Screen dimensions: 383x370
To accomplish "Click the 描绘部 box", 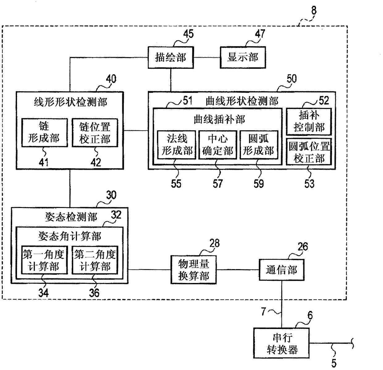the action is point(170,57).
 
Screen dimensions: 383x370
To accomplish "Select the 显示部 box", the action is point(243,57).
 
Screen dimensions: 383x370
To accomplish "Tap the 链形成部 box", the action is point(44,132).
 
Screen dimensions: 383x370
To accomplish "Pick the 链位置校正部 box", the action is point(95,132).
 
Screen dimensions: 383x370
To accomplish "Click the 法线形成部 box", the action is point(177,145).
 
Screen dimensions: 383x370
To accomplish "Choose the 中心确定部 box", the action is point(217,145).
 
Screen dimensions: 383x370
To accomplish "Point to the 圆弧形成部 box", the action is point(259,145).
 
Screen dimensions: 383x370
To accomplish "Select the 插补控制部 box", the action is point(309,122).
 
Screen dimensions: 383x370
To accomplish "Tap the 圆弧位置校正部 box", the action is point(309,152).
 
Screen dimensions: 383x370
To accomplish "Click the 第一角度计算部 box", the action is point(44,260).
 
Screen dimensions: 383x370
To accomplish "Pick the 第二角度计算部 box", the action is point(95,260).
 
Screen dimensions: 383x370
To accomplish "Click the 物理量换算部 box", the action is point(193,270).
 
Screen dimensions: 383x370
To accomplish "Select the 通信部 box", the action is point(281,270).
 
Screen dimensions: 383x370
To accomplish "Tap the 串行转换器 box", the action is point(281,343).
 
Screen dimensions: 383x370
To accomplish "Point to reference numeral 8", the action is point(314,10).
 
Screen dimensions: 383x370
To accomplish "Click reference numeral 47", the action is point(260,34).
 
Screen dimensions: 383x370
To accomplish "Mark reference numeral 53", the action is point(309,184).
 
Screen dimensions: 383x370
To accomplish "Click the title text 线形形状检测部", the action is point(70,102).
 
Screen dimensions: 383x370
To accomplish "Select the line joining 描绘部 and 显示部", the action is point(207,58).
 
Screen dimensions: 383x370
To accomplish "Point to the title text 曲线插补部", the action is point(219,119).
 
